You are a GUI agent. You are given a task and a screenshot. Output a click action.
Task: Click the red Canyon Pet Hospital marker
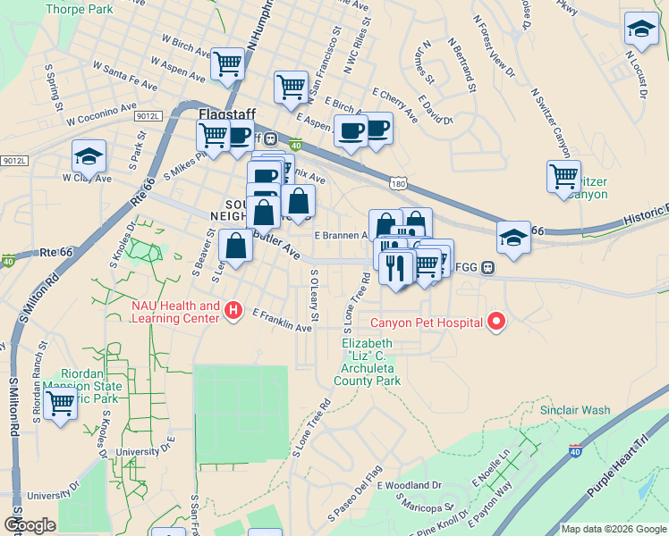pos(495,322)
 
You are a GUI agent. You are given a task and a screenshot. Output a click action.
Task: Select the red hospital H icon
pos(233,311)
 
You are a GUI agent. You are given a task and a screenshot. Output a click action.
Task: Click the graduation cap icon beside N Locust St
pos(640,29)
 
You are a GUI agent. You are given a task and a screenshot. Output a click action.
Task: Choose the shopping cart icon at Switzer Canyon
pos(563,176)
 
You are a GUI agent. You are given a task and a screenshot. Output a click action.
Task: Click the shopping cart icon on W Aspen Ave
pos(228,63)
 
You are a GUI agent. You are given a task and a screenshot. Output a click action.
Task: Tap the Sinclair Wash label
pos(575,410)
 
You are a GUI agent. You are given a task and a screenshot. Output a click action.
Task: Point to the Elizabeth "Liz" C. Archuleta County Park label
pos(367,362)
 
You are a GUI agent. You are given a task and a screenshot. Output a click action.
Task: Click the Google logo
pos(30,525)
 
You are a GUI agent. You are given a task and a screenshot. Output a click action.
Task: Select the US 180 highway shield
pos(399,183)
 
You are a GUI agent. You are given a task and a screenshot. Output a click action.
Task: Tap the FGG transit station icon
pos(488,266)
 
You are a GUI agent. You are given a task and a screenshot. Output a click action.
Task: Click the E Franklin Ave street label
pos(282,321)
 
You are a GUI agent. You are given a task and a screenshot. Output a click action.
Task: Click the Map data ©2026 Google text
pos(612,529)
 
